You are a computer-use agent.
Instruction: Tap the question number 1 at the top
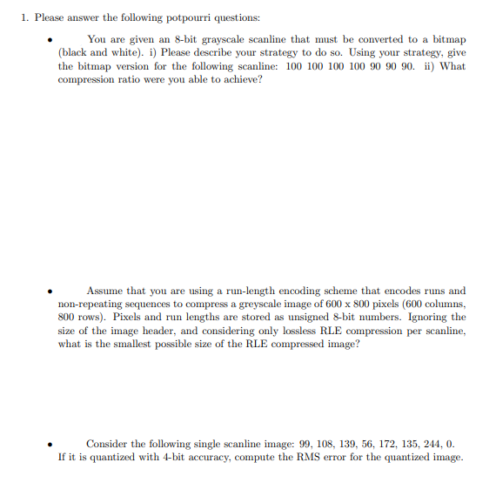click(x=23, y=17)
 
